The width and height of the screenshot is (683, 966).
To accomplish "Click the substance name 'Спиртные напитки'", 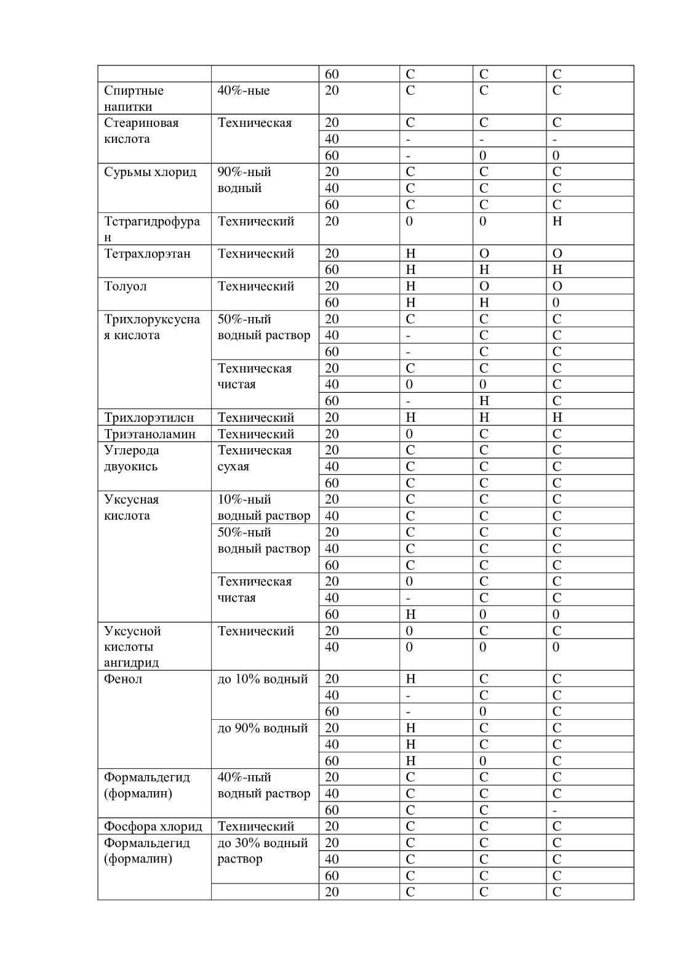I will pyautogui.click(x=134, y=99).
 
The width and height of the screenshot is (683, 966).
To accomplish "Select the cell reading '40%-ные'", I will pyautogui.click(x=244, y=91).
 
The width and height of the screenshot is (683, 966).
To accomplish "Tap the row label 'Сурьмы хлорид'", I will pyautogui.click(x=150, y=172).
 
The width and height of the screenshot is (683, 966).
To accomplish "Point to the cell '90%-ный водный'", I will pyautogui.click(x=244, y=180).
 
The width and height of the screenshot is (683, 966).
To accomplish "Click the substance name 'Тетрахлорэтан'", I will pyautogui.click(x=147, y=254).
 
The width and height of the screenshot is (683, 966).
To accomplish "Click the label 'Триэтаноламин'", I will pyautogui.click(x=150, y=434).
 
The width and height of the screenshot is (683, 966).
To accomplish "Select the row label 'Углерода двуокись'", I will pyautogui.click(x=131, y=458).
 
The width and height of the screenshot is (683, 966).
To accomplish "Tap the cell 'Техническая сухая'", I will pyautogui.click(x=255, y=458).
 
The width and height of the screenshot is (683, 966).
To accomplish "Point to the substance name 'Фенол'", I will pyautogui.click(x=123, y=679).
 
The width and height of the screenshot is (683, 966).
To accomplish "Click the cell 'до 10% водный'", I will pyautogui.click(x=263, y=679).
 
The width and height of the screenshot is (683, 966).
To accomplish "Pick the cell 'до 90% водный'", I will pyautogui.click(x=263, y=728).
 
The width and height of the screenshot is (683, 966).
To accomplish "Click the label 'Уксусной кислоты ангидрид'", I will pyautogui.click(x=132, y=646).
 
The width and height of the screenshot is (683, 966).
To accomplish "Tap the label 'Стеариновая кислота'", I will pyautogui.click(x=141, y=131).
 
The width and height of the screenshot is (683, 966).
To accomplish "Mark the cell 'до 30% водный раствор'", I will pyautogui.click(x=263, y=851).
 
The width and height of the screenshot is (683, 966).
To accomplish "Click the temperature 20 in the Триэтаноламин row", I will pyautogui.click(x=332, y=434).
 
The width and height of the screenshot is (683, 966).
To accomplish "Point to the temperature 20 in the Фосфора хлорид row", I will pyautogui.click(x=332, y=826).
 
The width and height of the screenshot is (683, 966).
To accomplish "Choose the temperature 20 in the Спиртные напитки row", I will pyautogui.click(x=332, y=91).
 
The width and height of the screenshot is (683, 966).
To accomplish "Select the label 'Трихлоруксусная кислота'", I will pyautogui.click(x=152, y=327).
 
